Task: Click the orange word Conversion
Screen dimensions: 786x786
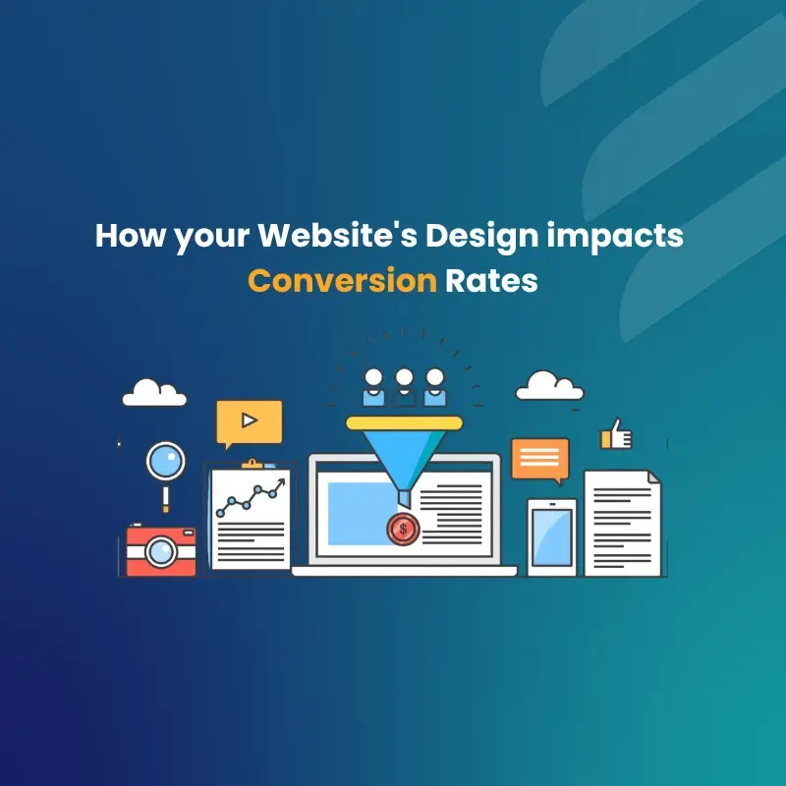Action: (x=341, y=281)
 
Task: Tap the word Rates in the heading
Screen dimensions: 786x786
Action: (x=491, y=281)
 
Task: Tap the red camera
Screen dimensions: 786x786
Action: (x=161, y=550)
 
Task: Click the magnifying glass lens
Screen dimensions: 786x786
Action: (x=164, y=460)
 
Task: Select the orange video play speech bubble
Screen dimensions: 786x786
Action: (x=250, y=421)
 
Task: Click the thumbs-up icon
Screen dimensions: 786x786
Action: (x=617, y=434)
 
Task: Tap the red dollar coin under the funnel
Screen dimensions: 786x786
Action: (x=401, y=530)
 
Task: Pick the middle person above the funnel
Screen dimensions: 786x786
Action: (x=404, y=387)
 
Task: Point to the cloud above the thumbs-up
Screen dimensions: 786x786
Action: (x=549, y=385)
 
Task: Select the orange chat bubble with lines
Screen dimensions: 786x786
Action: (x=539, y=457)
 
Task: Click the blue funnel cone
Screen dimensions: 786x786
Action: (x=404, y=457)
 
